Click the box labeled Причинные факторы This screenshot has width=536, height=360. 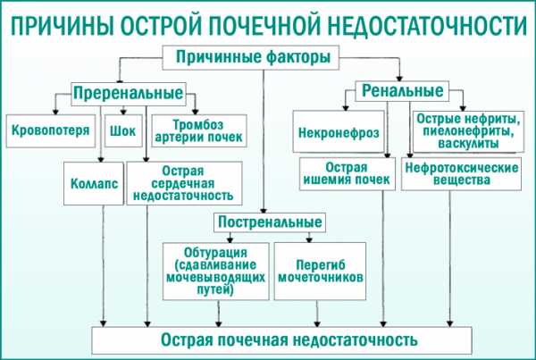pyautogui.click(x=250, y=57)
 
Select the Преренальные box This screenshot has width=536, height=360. pyautogui.click(x=129, y=94)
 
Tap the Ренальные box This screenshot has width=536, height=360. pyautogui.click(x=402, y=91)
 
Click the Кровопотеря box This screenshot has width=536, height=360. pyautogui.click(x=51, y=131)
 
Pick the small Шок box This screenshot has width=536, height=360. pyautogui.click(x=123, y=131)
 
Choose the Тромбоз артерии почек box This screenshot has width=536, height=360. pyautogui.click(x=199, y=131)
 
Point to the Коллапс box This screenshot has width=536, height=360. pyautogui.click(x=94, y=184)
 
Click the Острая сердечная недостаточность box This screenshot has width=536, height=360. pyautogui.click(x=184, y=184)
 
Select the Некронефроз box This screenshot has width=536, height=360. pyautogui.click(x=339, y=131)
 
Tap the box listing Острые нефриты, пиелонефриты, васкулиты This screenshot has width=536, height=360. pyautogui.click(x=468, y=131)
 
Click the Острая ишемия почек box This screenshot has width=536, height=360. pyautogui.click(x=348, y=174)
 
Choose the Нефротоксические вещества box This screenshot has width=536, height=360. pyautogui.click(x=462, y=174)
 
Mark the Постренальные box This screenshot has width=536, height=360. pyautogui.click(x=270, y=222)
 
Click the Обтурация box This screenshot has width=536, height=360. pyautogui.click(x=215, y=272)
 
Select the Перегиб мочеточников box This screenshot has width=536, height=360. pyautogui.click(x=320, y=272)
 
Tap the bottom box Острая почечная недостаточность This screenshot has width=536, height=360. pyautogui.click(x=281, y=340)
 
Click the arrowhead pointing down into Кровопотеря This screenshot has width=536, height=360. pyautogui.click(x=55, y=112)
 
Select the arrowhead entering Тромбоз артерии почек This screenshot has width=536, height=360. pyautogui.click(x=195, y=112)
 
